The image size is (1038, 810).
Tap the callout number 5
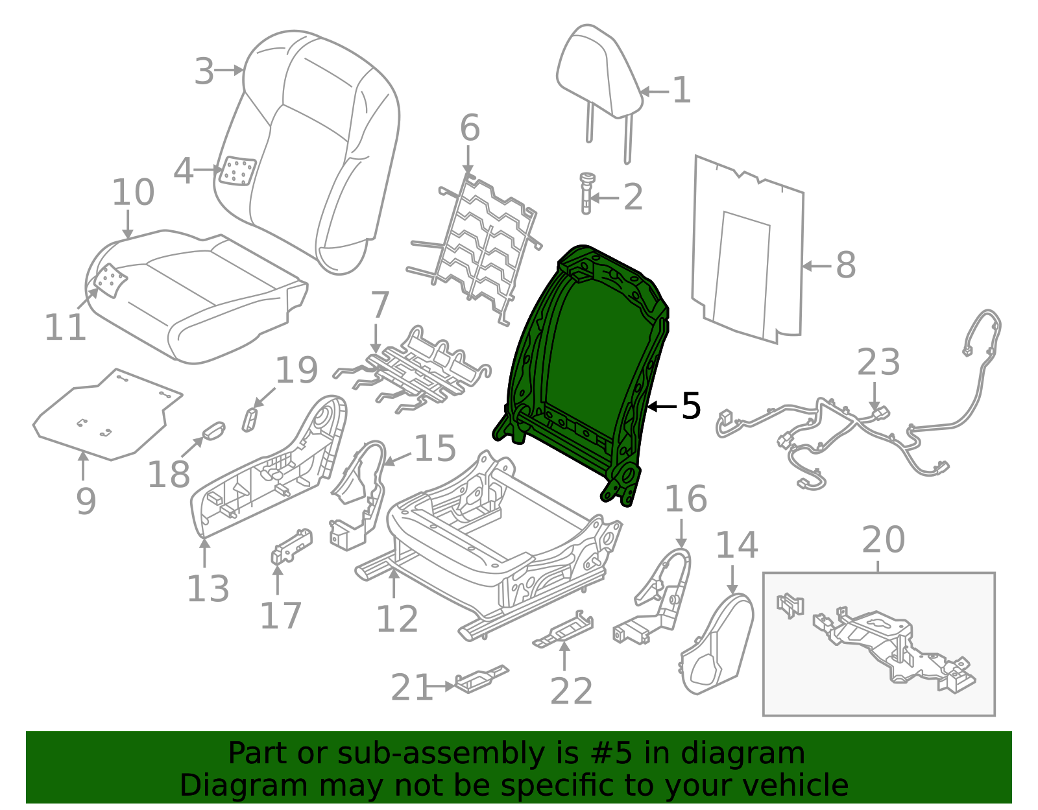(x=691, y=406)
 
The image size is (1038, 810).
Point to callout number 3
(x=204, y=71)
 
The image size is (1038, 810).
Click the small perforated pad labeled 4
(x=237, y=172)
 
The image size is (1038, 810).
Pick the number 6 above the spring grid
(x=470, y=128)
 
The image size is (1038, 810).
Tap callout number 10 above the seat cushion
(x=133, y=192)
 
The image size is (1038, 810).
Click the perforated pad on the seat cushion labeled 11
(x=110, y=281)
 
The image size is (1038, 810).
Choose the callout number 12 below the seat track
(x=397, y=619)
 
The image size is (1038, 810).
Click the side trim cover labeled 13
(x=266, y=473)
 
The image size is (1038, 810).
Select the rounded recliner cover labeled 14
(x=717, y=642)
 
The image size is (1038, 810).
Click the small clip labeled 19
(x=250, y=418)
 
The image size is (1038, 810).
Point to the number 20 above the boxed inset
(x=883, y=540)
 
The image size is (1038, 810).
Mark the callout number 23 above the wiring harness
(x=878, y=362)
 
